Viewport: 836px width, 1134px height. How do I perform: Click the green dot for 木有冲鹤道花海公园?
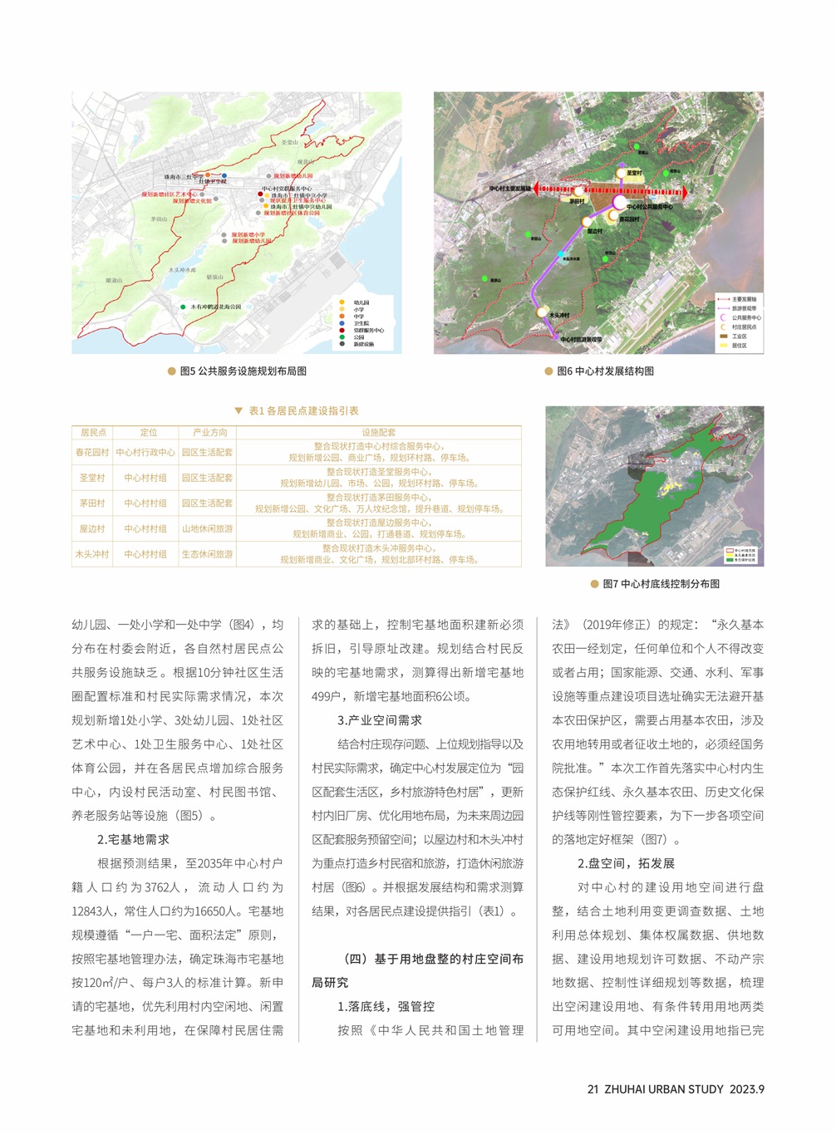point(183,307)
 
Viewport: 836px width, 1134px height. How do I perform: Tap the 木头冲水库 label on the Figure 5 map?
point(182,270)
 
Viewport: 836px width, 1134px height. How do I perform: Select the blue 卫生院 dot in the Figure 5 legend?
point(342,323)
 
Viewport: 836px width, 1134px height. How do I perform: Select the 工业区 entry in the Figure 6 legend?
point(739,336)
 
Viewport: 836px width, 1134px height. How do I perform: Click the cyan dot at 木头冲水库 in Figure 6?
point(561,254)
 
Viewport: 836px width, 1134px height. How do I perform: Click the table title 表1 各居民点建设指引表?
point(303,410)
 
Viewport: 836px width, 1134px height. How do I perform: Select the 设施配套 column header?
point(378,433)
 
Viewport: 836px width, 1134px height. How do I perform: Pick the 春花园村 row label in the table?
point(92,453)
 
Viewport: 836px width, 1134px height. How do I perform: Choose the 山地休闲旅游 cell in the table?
point(207,529)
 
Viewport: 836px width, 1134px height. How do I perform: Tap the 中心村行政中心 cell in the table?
point(145,453)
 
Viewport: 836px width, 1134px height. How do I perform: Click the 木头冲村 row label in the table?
point(92,554)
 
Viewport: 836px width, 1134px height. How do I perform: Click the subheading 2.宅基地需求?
point(133,840)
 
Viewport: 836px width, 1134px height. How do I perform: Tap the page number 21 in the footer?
point(593,1089)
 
